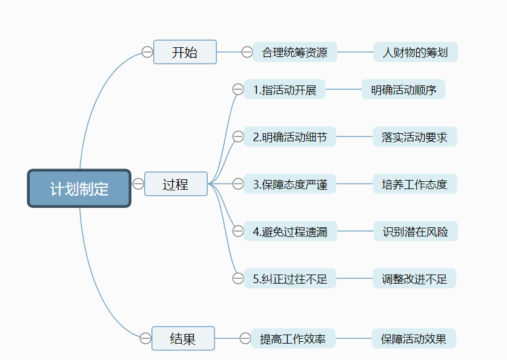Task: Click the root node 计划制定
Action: tap(79, 188)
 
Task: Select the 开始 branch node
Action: tap(185, 52)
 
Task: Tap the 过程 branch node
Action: tap(176, 184)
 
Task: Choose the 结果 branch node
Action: tap(183, 338)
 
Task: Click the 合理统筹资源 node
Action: tap(294, 52)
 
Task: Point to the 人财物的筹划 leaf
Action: tap(416, 52)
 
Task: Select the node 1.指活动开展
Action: tap(285, 90)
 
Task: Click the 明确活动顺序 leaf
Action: tap(403, 90)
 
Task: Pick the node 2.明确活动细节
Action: tap(290, 137)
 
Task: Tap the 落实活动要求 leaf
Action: tap(414, 137)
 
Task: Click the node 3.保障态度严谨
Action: tap(290, 184)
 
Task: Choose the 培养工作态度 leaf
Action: tap(414, 184)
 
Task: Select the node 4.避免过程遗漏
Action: tap(290, 231)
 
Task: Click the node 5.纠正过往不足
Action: tap(290, 279)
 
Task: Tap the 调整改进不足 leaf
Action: tap(414, 279)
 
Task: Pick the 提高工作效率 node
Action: tap(293, 339)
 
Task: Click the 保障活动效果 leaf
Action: tap(414, 339)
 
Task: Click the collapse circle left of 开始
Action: tap(147, 52)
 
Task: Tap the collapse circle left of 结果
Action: tap(145, 338)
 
